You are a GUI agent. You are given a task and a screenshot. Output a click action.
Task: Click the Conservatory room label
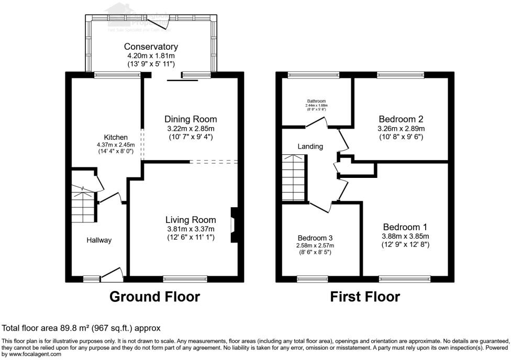click(x=151, y=47)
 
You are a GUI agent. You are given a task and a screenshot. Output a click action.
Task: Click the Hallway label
click(x=99, y=240)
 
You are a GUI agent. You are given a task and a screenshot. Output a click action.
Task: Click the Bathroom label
click(x=316, y=101)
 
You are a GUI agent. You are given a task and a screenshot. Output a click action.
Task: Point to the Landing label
click(x=310, y=147)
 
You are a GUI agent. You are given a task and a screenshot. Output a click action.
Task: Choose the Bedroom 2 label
click(x=401, y=119)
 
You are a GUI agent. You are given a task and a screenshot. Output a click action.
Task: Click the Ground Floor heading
click(x=154, y=297)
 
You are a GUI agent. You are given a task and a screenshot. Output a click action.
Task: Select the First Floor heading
click(x=365, y=297)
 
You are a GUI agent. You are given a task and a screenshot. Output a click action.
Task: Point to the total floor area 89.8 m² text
click(x=81, y=328)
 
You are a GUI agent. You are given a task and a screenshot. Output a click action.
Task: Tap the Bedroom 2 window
click(x=401, y=75)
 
